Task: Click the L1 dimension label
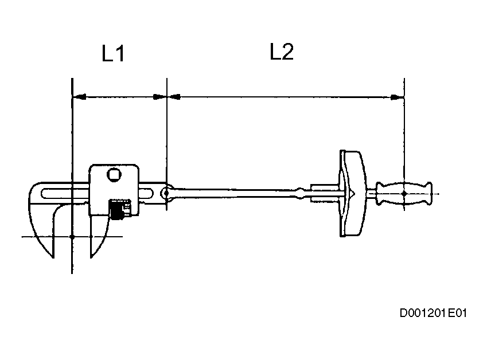pyautogui.click(x=114, y=54)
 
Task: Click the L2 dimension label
pyautogui.click(x=282, y=53)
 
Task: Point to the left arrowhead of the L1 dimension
pyautogui.click(x=79, y=97)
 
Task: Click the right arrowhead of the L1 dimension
pyautogui.click(x=159, y=97)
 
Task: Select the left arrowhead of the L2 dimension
pyautogui.click(x=173, y=97)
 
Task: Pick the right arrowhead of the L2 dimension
pyautogui.click(x=398, y=97)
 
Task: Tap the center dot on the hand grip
pyautogui.click(x=404, y=194)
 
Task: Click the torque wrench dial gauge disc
pyautogui.click(x=350, y=194)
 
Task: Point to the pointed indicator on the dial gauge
pyautogui.click(x=354, y=194)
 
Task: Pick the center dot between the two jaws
pyautogui.click(x=72, y=236)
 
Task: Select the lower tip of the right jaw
pyautogui.click(x=91, y=255)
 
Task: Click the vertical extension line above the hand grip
pyautogui.click(x=404, y=132)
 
